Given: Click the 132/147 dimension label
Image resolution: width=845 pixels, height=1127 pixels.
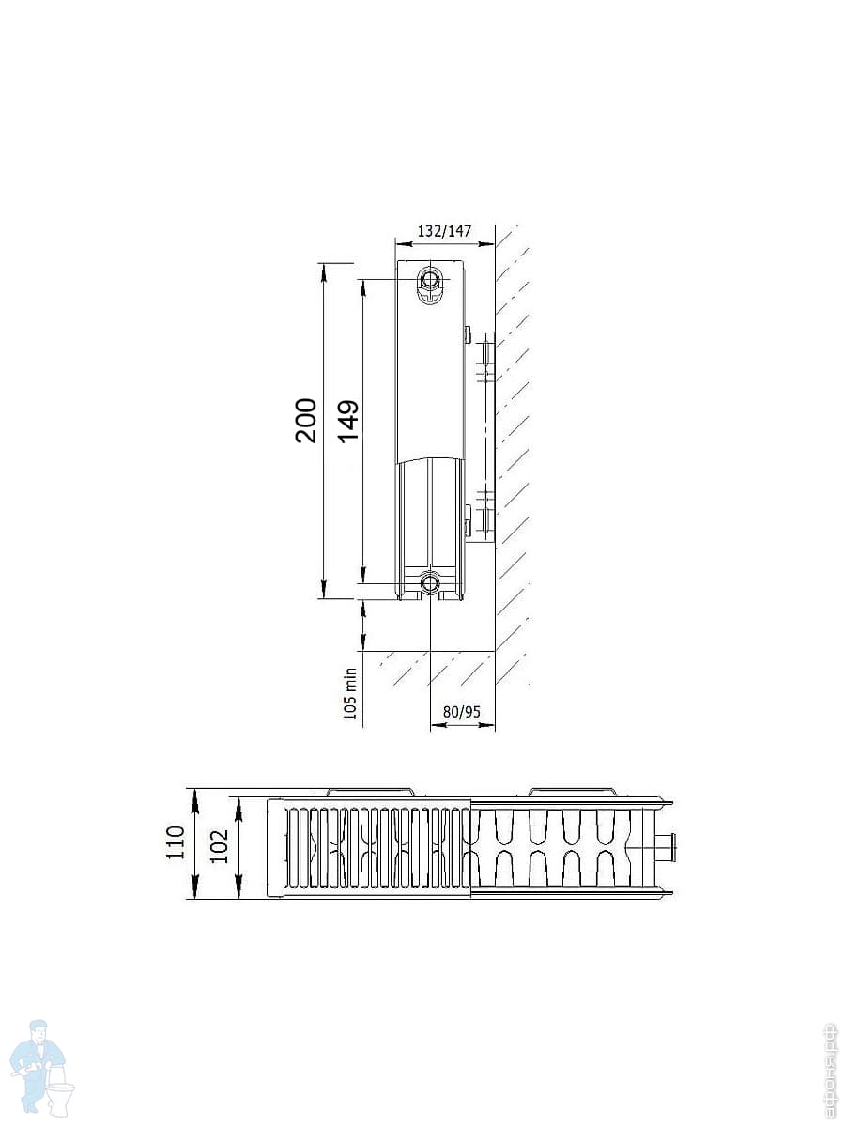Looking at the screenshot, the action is (x=444, y=231).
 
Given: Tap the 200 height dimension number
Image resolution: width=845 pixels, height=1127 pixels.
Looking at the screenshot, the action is (x=306, y=420).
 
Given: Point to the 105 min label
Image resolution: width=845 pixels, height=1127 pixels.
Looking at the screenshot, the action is (x=350, y=693).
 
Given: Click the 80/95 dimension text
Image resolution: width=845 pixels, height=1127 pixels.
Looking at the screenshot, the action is (x=462, y=712).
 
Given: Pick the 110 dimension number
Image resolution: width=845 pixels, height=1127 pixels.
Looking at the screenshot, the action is (x=175, y=842).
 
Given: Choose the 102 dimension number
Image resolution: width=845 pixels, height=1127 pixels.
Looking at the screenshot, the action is (x=219, y=845).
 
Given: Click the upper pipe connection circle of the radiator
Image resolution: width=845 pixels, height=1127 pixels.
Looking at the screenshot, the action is (x=429, y=279).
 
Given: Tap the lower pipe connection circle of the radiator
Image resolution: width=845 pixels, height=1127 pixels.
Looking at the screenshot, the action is (x=429, y=583).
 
